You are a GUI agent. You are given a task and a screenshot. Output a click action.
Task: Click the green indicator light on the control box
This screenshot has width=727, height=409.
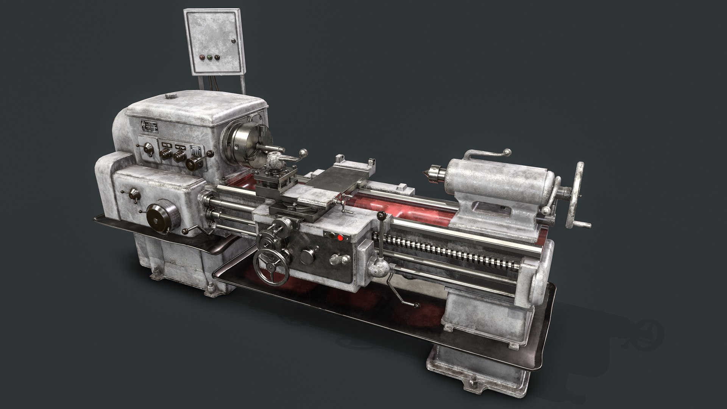[209, 58]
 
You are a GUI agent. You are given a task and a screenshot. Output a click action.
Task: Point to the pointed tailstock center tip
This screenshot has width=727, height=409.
[427, 174]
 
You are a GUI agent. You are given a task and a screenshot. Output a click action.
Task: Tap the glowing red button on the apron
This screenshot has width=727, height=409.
[340, 238]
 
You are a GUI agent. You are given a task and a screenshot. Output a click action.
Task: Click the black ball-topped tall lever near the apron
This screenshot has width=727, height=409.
[381, 216]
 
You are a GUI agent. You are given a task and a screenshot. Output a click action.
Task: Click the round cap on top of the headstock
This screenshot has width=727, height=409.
[171, 95]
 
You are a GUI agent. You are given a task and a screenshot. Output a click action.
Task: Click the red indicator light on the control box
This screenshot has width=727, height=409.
[201, 58]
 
